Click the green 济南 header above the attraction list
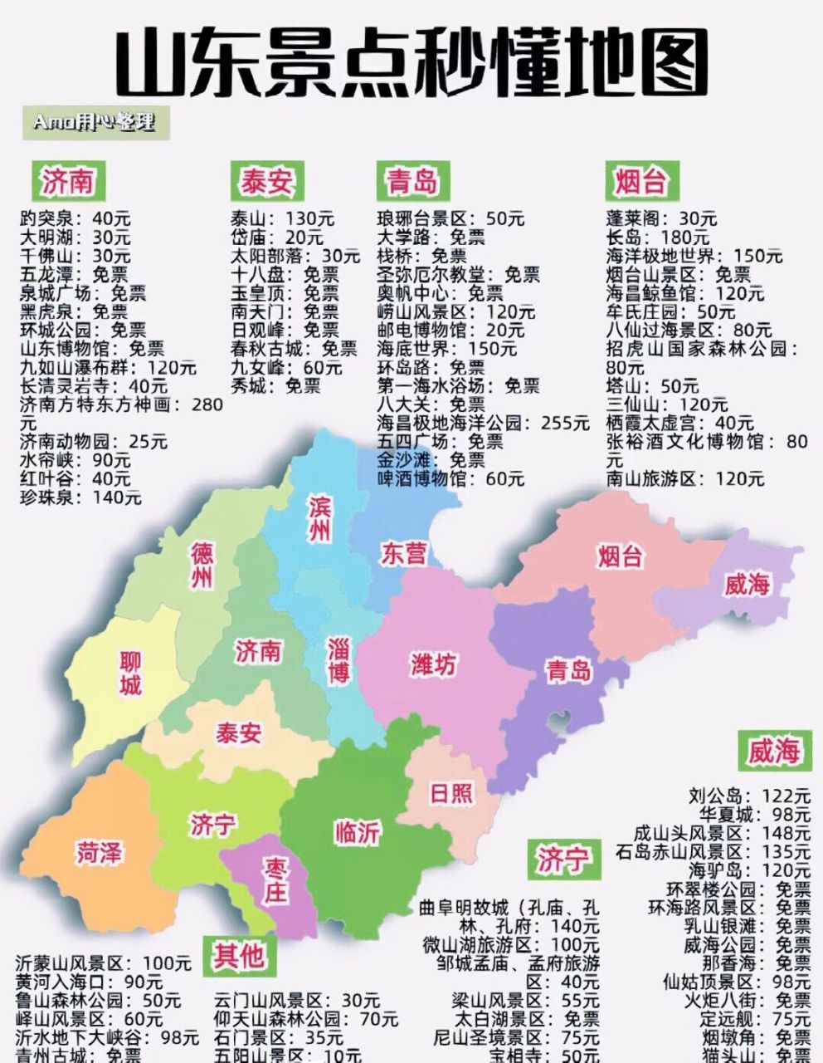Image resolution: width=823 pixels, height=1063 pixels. tap(68, 181)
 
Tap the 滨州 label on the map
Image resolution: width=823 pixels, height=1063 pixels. tap(319, 519)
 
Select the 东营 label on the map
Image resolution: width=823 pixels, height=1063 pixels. tap(403, 554)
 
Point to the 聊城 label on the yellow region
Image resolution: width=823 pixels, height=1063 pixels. tap(130, 673)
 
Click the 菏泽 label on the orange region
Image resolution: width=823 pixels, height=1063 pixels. tap(100, 852)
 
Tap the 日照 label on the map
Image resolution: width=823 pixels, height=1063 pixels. tap(451, 793)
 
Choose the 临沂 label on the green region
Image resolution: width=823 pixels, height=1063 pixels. tap(358, 832)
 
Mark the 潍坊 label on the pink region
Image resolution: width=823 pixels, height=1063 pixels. tap(433, 664)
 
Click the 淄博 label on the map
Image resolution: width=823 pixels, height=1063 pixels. tap(338, 660)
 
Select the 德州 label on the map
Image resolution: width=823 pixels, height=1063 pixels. tap(202, 566)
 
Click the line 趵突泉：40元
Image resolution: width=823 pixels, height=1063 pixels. tap(75, 219)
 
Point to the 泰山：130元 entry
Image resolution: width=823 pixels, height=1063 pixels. tap(282, 219)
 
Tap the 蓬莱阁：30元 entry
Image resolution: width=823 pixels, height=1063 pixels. tap(661, 219)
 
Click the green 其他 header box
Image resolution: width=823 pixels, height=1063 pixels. tap(238, 955)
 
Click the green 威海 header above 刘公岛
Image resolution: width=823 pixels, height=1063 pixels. tap(773, 752)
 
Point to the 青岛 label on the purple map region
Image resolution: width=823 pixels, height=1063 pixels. tap(568, 670)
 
